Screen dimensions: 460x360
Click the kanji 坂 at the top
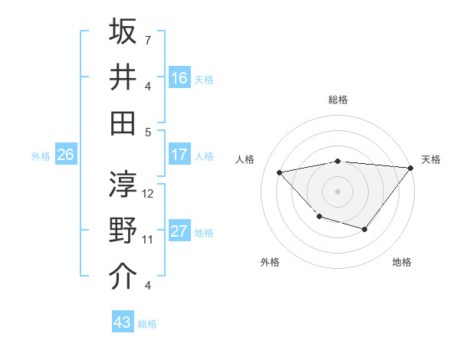123,32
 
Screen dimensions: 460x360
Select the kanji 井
123,77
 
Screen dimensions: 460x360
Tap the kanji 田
123,122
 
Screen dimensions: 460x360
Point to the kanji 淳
123,185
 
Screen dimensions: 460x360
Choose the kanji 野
123,231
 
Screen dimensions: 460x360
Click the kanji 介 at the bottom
123,277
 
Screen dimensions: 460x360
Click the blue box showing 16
179,77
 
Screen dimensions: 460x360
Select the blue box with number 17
179,155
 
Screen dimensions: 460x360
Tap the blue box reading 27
179,231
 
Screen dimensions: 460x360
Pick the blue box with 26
65,155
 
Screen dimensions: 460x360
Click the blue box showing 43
123,322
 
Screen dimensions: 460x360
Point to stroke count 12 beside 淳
149,194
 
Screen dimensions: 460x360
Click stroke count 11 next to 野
148,240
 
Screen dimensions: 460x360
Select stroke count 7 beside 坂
148,40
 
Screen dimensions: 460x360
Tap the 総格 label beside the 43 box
148,324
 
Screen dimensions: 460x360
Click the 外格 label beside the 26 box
41,156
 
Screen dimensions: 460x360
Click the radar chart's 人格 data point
280,172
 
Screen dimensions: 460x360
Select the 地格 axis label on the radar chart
402,263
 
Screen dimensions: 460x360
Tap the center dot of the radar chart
337,191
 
